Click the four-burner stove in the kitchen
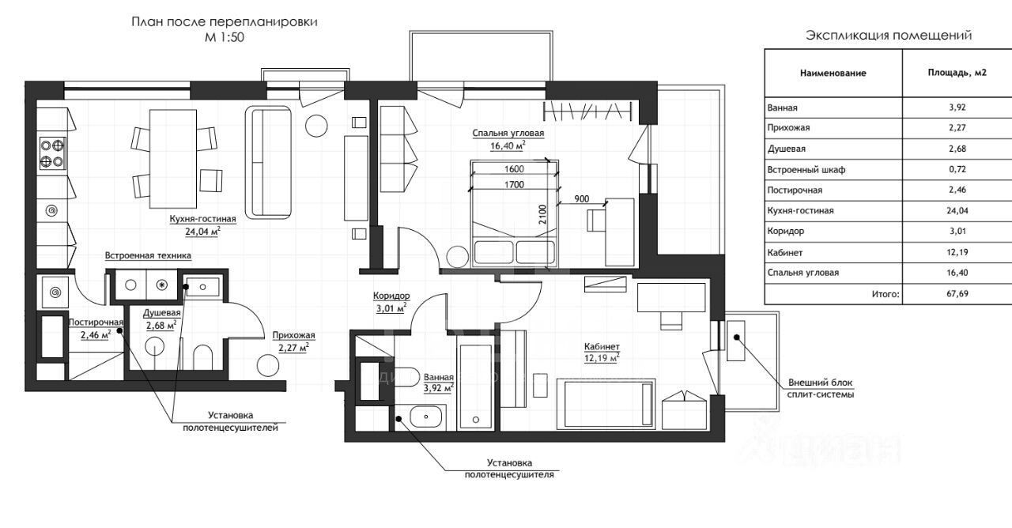pos(53,153)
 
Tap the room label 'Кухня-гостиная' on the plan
pos(203,219)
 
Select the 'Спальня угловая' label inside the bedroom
pos(508,134)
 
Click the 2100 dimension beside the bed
pos(542,214)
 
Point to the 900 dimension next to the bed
pos(581,198)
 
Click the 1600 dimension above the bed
pos(514,169)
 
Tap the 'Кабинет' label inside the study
pos(602,346)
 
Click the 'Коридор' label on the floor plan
pos(391,296)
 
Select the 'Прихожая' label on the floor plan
pos(293,336)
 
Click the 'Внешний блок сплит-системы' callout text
pos(821,388)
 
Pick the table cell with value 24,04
pos(957,210)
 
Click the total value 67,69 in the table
pos(957,293)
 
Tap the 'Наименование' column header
pos(833,74)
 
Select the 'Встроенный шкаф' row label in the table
pos(806,170)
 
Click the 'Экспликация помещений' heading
pos(889,36)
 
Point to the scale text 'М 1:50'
pos(225,37)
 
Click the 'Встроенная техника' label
pos(148,255)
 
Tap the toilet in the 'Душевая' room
pos(202,357)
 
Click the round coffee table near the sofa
pos(315,126)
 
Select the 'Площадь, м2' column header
pos(957,73)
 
